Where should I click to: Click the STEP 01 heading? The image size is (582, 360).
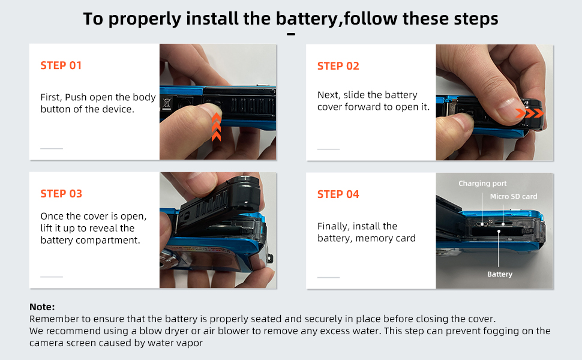coord(61,65)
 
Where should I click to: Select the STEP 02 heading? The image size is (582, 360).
coord(338,66)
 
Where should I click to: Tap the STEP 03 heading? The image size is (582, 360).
coord(61,194)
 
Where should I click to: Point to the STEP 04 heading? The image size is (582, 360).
coord(338,194)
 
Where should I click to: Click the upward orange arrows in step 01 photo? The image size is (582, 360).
coord(216,127)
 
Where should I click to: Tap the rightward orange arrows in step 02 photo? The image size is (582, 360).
coord(530,113)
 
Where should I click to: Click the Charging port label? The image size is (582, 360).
coord(482,184)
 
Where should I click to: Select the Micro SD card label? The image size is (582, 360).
coord(514,196)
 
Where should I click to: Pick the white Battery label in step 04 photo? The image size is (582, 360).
coord(500,274)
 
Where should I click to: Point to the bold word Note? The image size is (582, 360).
coord(42,307)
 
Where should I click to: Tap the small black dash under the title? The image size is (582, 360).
coord(291,34)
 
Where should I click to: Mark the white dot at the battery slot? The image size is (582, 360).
coord(499,232)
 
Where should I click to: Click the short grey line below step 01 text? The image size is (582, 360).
coord(52,148)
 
